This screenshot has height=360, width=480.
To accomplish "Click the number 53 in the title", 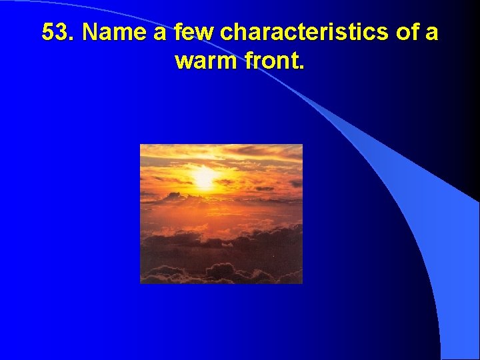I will point(56,32).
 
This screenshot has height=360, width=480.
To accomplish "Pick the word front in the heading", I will point(273,61).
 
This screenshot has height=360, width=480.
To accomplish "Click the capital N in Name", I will point(91,32).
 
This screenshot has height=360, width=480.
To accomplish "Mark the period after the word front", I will point(302,68).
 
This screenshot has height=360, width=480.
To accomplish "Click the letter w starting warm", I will point(184,63).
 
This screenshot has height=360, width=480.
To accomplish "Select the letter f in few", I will point(180,31).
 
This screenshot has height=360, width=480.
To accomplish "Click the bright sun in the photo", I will point(204,177).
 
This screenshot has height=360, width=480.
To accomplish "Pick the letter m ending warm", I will point(228,63).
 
